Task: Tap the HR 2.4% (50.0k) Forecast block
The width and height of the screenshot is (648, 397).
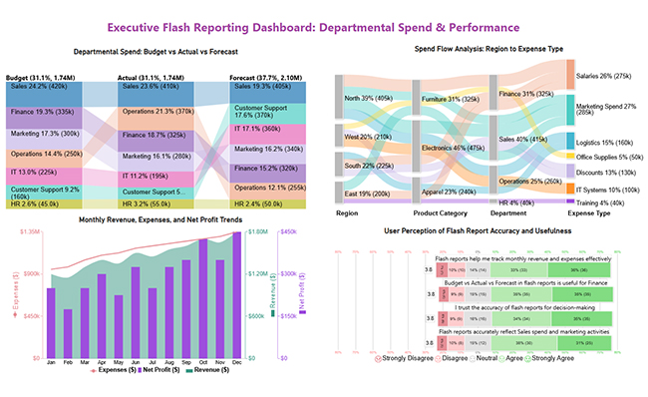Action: click(262, 203)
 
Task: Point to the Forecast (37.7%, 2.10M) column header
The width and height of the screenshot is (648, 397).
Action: click(262, 77)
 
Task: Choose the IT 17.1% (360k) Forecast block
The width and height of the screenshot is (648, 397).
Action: click(262, 129)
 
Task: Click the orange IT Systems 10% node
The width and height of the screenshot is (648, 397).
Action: click(570, 188)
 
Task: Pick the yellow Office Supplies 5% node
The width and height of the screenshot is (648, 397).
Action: click(570, 157)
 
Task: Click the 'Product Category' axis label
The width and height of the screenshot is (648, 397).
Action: click(441, 212)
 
